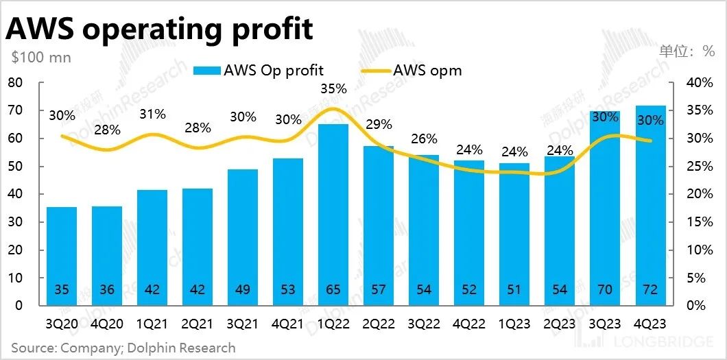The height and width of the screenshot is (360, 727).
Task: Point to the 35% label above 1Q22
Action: (x=333, y=89)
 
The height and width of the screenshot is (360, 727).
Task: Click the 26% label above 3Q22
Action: (x=424, y=139)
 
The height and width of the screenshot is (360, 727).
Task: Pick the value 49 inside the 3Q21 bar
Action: (x=242, y=289)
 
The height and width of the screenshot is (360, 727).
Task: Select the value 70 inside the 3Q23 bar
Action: (x=604, y=289)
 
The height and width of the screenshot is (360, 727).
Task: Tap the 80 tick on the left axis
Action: (x=14, y=83)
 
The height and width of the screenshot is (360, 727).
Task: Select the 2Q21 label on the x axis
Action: (x=197, y=323)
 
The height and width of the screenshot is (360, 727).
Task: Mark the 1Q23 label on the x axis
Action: (x=514, y=323)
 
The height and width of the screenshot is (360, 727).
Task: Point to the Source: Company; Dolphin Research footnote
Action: (x=123, y=348)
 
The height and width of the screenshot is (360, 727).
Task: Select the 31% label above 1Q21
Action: (x=152, y=115)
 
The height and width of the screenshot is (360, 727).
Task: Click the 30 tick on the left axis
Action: (x=14, y=222)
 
